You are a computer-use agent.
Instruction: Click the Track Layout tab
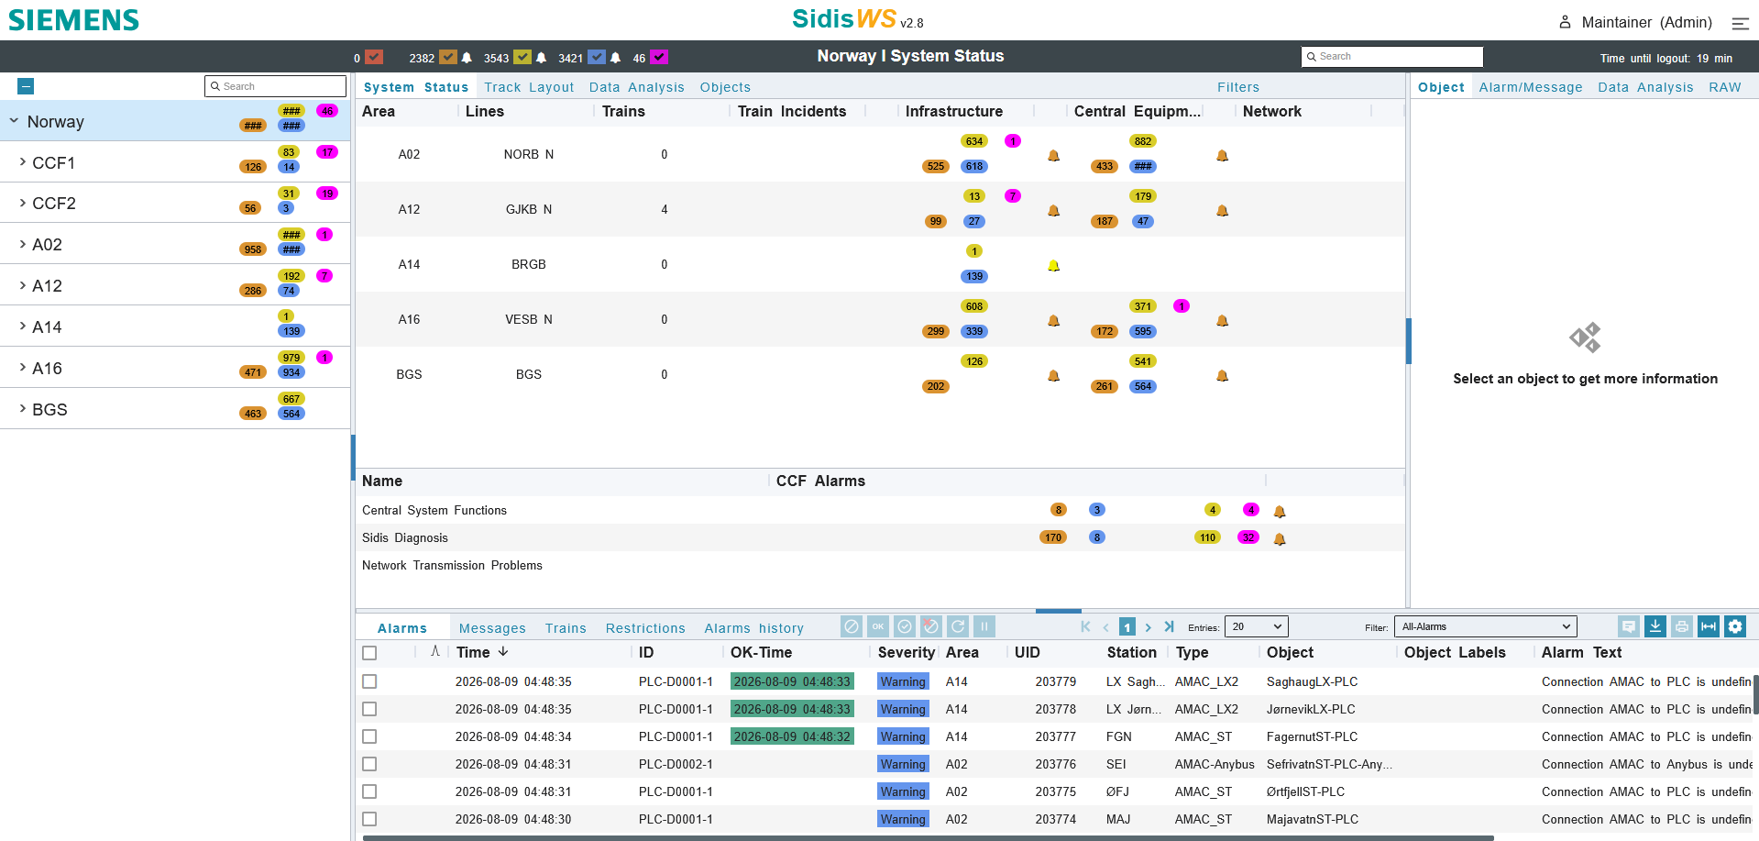529,87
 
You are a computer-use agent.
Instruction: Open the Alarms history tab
753,628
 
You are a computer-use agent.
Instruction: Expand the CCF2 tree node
23,203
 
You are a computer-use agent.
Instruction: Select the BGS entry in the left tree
49,410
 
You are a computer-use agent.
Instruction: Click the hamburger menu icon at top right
1740,23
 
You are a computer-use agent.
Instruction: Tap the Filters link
1238,87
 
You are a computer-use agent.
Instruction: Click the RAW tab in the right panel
1724,87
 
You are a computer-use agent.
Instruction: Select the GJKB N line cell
529,209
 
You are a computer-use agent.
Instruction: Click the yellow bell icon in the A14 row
1054,266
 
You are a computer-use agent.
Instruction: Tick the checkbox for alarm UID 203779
369,681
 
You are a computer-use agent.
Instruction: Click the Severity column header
906,652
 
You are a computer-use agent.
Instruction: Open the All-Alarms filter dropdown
1485,626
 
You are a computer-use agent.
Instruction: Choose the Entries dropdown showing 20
1256,626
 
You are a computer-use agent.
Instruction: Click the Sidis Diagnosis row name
405,537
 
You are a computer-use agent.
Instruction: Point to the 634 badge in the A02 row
974,141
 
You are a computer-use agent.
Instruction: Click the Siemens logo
73,20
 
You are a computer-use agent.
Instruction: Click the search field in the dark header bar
1391,57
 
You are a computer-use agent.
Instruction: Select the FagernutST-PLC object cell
1312,736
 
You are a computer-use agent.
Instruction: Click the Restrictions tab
645,628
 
